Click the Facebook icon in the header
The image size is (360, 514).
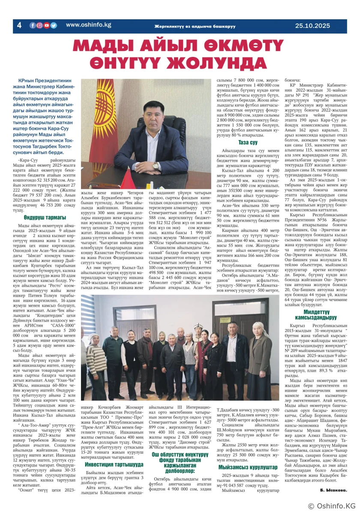coord(33,25)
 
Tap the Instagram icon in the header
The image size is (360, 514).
coord(39,25)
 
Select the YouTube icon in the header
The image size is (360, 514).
coord(46,25)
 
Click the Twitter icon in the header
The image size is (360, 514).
coord(54,25)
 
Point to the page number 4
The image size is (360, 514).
coord(19,26)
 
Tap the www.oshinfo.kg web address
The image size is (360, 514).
coord(88,25)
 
